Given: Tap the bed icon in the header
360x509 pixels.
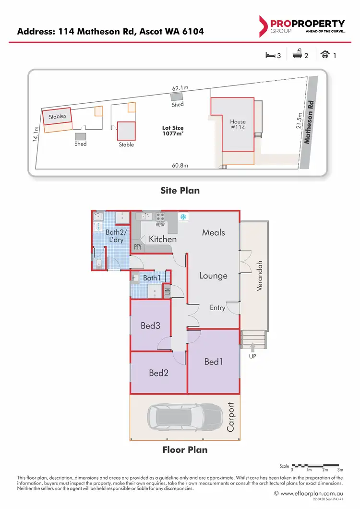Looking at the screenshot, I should coord(270,55).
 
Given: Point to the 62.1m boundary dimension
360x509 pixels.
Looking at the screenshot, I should coord(180,88).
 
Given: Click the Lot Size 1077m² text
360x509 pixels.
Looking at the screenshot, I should coord(173,131).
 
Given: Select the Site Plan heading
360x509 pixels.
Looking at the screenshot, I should coord(180,191).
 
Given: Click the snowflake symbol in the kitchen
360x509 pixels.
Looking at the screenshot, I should coord(183,217).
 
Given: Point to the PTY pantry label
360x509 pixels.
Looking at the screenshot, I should coord(138,247).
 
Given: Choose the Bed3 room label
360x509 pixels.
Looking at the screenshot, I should coord(150,326).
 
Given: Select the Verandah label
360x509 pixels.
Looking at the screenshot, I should coord(260,279).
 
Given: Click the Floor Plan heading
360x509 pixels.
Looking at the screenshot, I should coord(185,450).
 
